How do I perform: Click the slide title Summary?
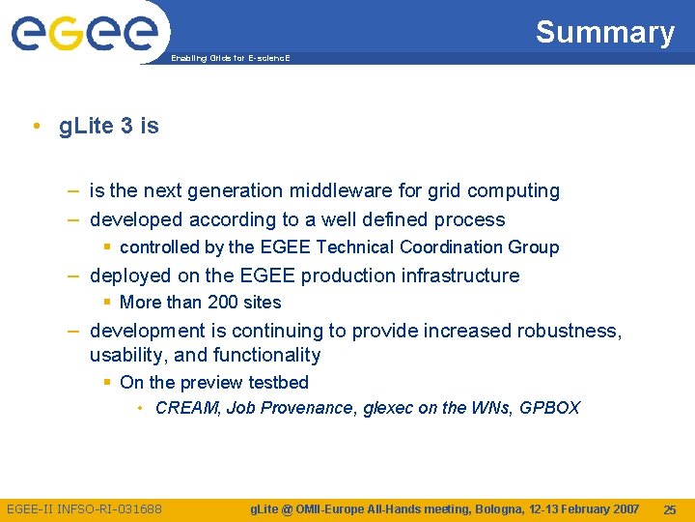tap(604, 32)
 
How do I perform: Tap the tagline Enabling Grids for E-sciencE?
tap(230, 59)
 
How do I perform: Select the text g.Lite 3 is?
tap(109, 127)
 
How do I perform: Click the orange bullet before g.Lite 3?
tap(35, 127)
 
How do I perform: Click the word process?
tap(470, 219)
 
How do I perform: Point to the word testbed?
tap(278, 382)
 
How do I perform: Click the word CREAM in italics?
tap(187, 408)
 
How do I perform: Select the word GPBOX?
tap(549, 408)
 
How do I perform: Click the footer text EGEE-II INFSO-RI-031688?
tap(85, 509)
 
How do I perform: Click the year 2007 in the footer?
tap(623, 509)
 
